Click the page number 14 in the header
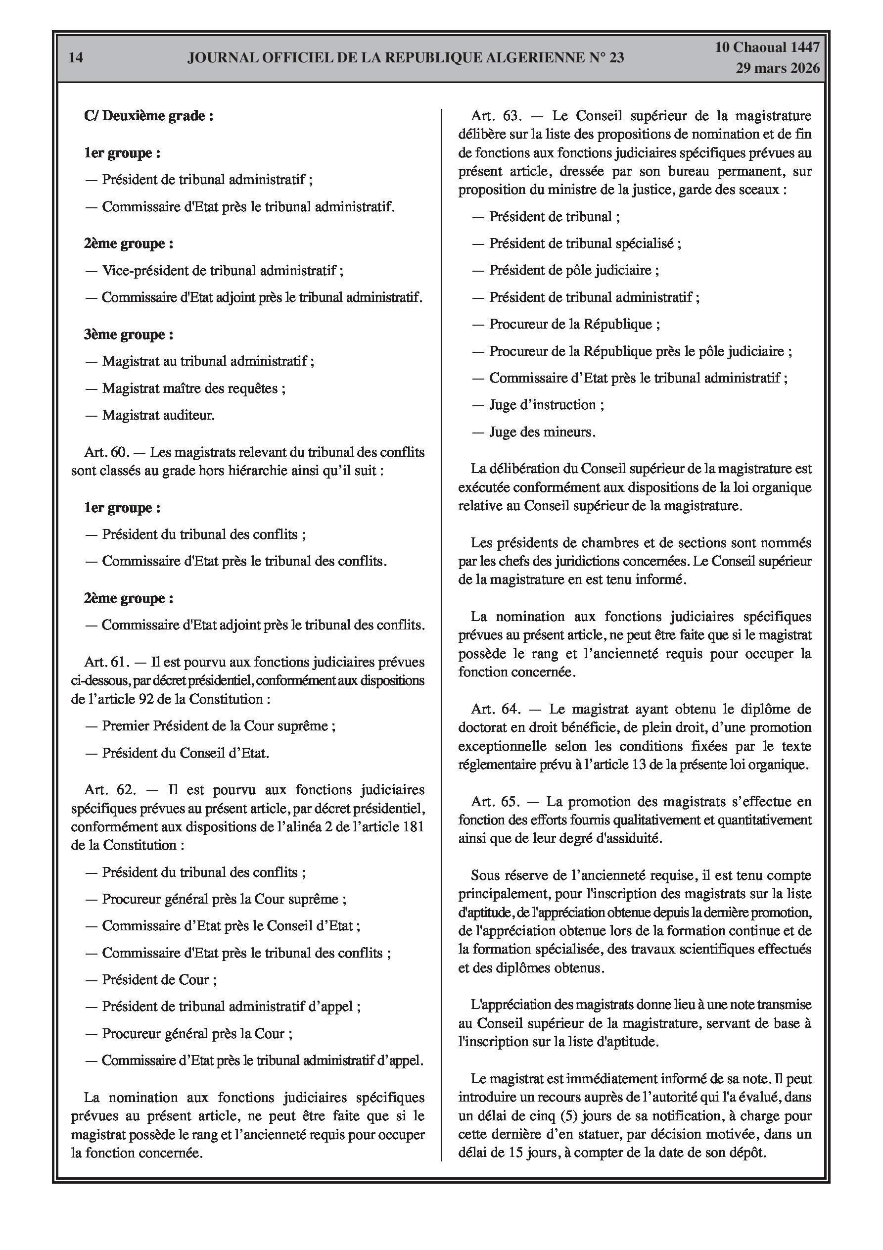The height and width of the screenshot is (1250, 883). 76,58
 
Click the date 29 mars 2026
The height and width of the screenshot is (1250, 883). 778,68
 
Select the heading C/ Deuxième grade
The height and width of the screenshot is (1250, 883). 148,115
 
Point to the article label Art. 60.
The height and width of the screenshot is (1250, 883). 106,452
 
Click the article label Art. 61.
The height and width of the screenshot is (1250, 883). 106,662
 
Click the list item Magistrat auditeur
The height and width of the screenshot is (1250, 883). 158,415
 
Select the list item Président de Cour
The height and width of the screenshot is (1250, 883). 159,979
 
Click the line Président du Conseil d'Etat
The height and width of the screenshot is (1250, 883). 185,753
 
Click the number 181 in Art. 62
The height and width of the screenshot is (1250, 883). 413,826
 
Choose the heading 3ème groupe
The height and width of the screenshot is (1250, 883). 129,335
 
